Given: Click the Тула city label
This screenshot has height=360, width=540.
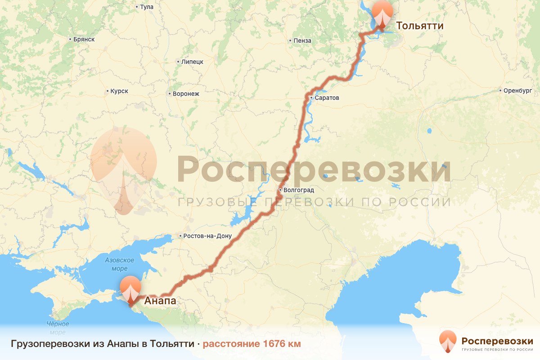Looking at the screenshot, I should tap(147, 7).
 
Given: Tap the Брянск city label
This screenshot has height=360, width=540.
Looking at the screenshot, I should tap(84, 39).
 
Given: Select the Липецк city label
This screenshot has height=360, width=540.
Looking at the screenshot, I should tap(192, 62).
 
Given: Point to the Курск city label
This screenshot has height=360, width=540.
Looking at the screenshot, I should tap(119, 91).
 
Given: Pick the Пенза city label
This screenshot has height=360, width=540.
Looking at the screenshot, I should tap(302, 40).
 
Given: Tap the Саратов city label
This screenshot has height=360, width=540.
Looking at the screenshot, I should tap(327, 98).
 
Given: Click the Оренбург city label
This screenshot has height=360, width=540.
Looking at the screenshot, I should tap(515, 90).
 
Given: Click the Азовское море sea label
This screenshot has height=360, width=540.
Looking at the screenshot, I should tap(120, 264).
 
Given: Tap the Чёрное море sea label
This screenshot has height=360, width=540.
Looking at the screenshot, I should tap(58, 328).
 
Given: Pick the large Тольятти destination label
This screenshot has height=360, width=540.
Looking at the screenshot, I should tap(419, 26).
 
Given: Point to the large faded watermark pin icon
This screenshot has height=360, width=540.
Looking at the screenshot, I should tap(124, 169).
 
